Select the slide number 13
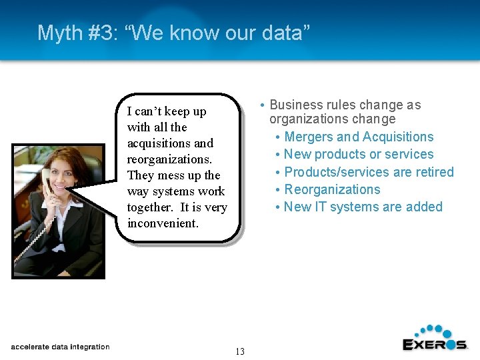tap(240, 351)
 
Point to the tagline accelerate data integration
tap(60, 347)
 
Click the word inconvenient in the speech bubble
tap(162, 223)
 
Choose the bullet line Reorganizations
tap(332, 189)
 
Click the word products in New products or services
tap(340, 154)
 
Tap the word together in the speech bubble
tap(151, 207)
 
